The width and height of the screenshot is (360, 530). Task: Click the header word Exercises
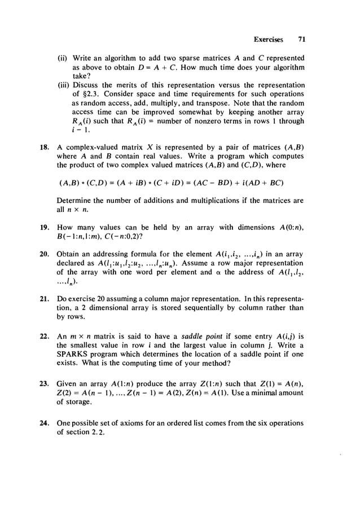point(268,40)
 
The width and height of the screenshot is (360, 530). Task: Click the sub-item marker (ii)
point(64,58)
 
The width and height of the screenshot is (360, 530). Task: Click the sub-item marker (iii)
point(65,85)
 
